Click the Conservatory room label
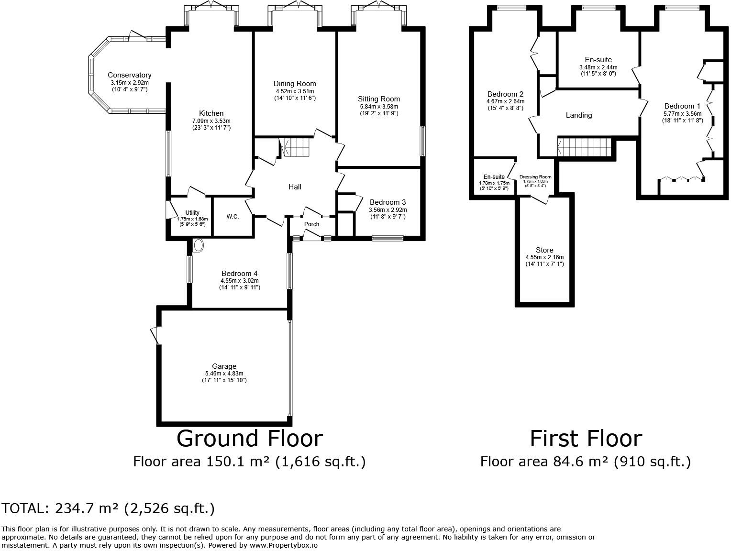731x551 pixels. tap(129, 75)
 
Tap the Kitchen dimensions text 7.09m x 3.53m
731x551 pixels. tap(211, 121)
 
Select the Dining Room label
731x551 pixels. tap(295, 84)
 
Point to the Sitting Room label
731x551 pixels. tap(378, 99)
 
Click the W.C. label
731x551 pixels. tap(233, 216)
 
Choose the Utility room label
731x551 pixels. tap(192, 212)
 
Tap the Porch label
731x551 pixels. tap(311, 224)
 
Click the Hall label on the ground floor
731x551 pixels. tap(295, 187)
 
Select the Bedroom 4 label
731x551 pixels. tap(240, 274)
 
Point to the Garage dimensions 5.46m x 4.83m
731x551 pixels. tap(224, 374)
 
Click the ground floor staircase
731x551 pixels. tap(296, 147)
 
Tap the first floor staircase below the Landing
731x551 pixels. tap(585, 146)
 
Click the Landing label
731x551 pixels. tap(579, 115)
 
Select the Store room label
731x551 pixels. tap(544, 250)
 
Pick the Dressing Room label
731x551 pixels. tap(535, 177)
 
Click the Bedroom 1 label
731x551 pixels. tap(682, 106)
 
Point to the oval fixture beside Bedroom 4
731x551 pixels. tap(199, 246)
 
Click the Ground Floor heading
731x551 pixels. tap(249, 439)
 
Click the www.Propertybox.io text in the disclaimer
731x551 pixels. tap(283, 545)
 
